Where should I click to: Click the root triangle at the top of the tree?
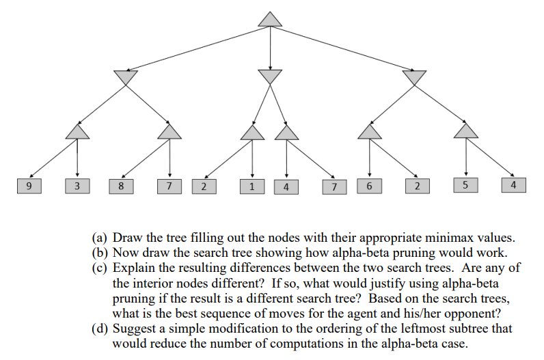271,20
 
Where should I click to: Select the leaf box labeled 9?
28,186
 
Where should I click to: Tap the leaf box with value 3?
77,186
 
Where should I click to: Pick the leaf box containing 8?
121,186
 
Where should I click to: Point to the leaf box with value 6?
370,185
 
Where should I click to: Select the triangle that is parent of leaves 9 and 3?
77,130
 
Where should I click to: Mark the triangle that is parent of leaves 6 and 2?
370,130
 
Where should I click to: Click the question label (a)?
100,238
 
